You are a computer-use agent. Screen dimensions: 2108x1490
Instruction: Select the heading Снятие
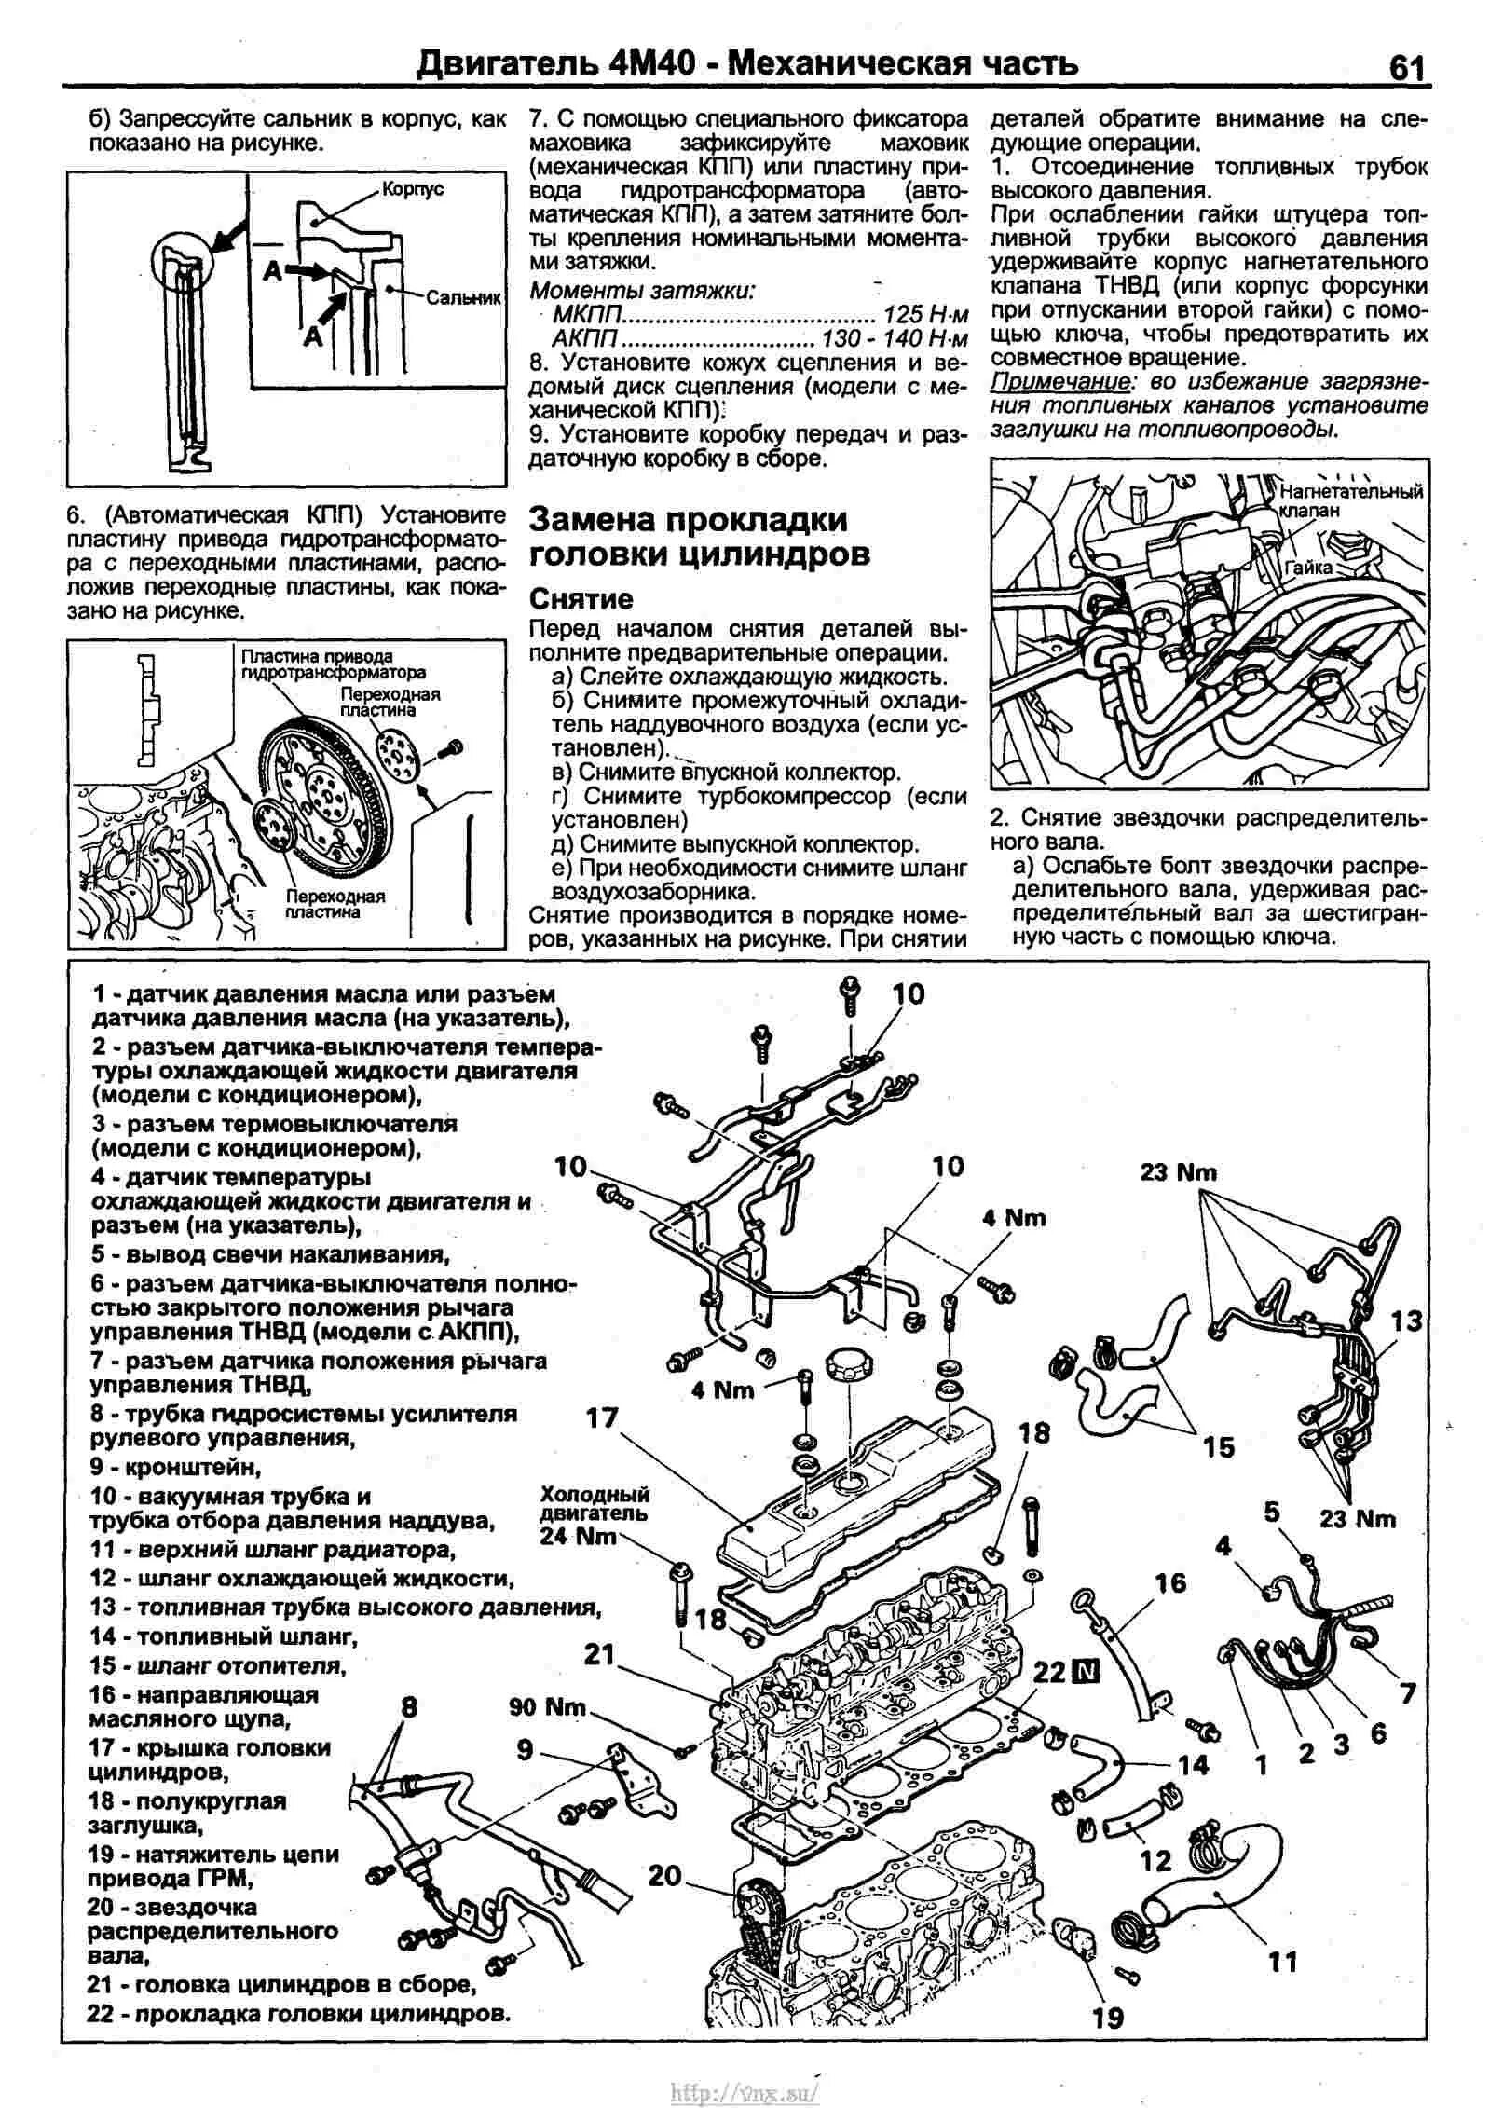click(x=581, y=598)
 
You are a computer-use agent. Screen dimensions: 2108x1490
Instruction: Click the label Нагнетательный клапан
click(x=1350, y=500)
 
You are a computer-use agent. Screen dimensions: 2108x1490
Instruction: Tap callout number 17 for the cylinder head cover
click(x=603, y=1417)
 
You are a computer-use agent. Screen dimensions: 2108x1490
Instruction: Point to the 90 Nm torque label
click(x=548, y=1706)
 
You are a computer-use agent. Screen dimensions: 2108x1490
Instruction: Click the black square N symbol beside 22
click(x=1087, y=1674)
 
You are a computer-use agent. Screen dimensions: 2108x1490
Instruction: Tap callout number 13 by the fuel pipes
click(x=1407, y=1321)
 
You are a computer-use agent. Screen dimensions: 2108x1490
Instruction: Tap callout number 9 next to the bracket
click(x=525, y=1750)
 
